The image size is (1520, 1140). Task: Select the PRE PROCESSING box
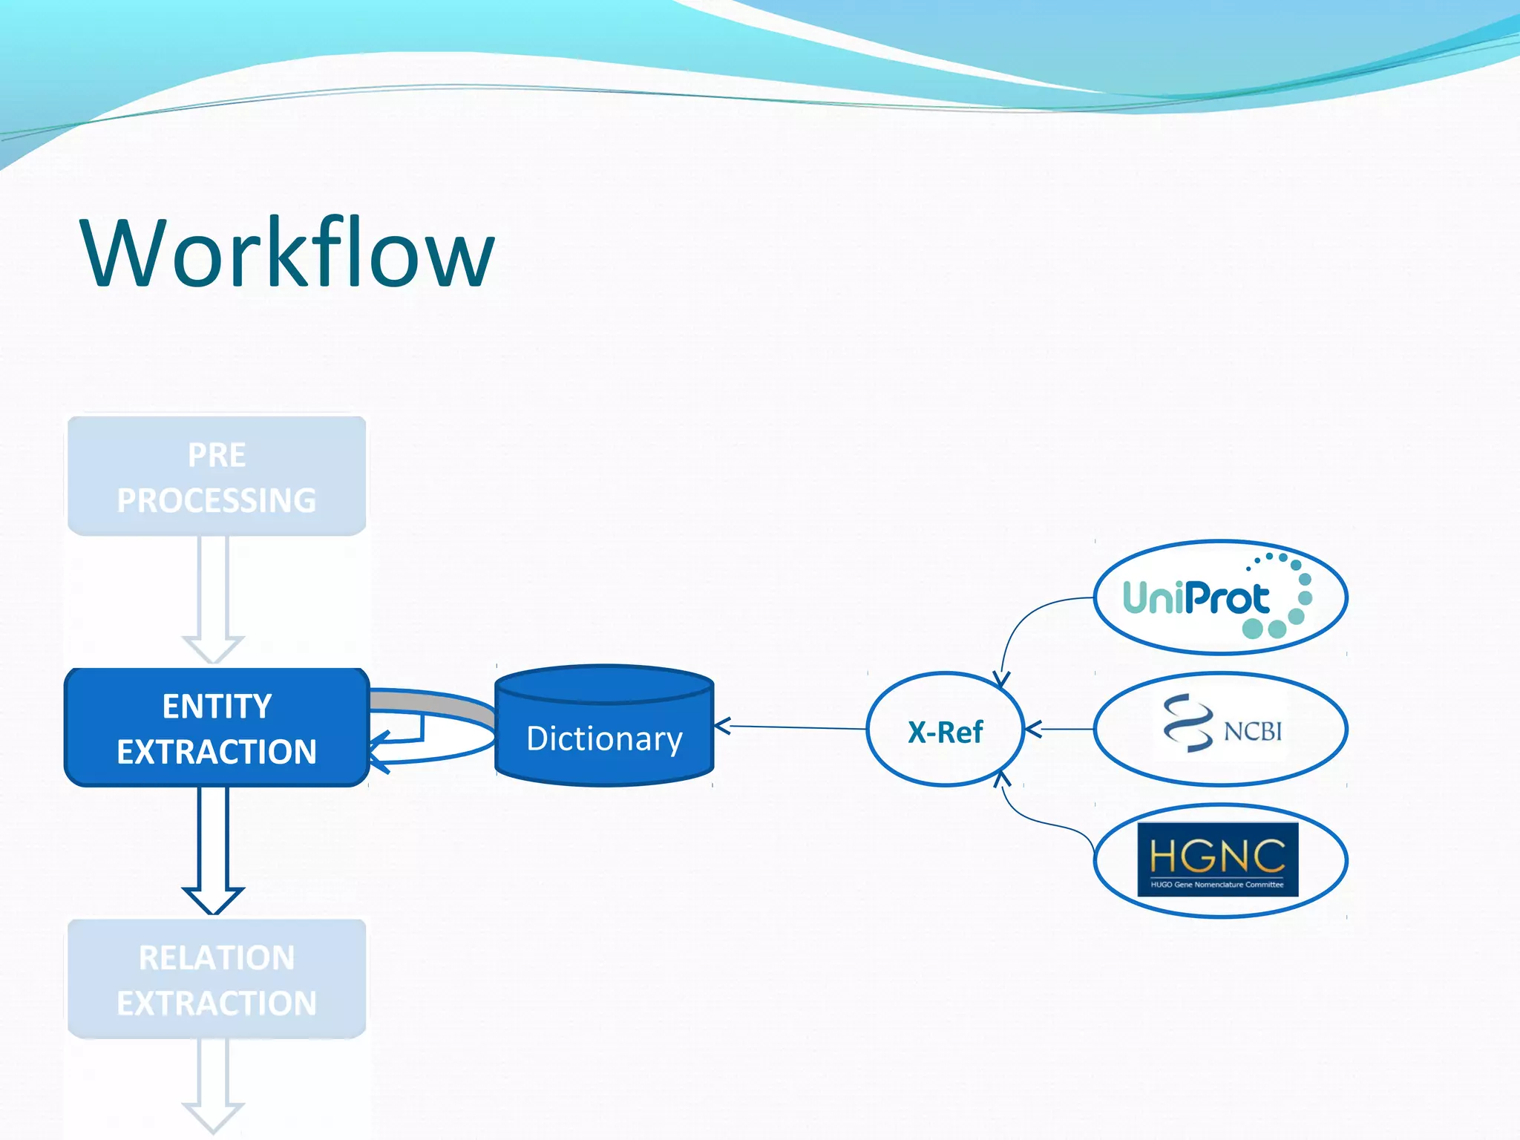[217, 476]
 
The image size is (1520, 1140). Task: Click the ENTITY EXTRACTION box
[217, 727]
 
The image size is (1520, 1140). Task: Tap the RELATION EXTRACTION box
[217, 979]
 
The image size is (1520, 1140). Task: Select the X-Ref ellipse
[945, 730]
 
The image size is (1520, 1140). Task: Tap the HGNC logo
[1217, 859]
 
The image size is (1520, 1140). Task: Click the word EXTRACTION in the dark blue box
[217, 752]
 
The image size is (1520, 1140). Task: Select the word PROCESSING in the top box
[217, 500]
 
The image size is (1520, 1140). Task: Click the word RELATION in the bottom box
[217, 957]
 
